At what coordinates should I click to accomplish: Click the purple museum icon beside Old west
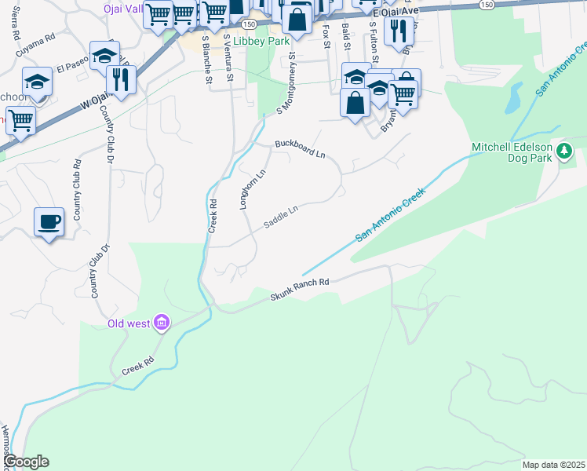[x=162, y=323]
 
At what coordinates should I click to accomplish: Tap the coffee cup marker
[x=49, y=222]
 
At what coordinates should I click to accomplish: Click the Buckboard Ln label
[x=300, y=148]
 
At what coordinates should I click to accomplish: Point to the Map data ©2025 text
[x=552, y=465]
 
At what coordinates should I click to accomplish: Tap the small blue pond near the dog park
[x=513, y=98]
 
